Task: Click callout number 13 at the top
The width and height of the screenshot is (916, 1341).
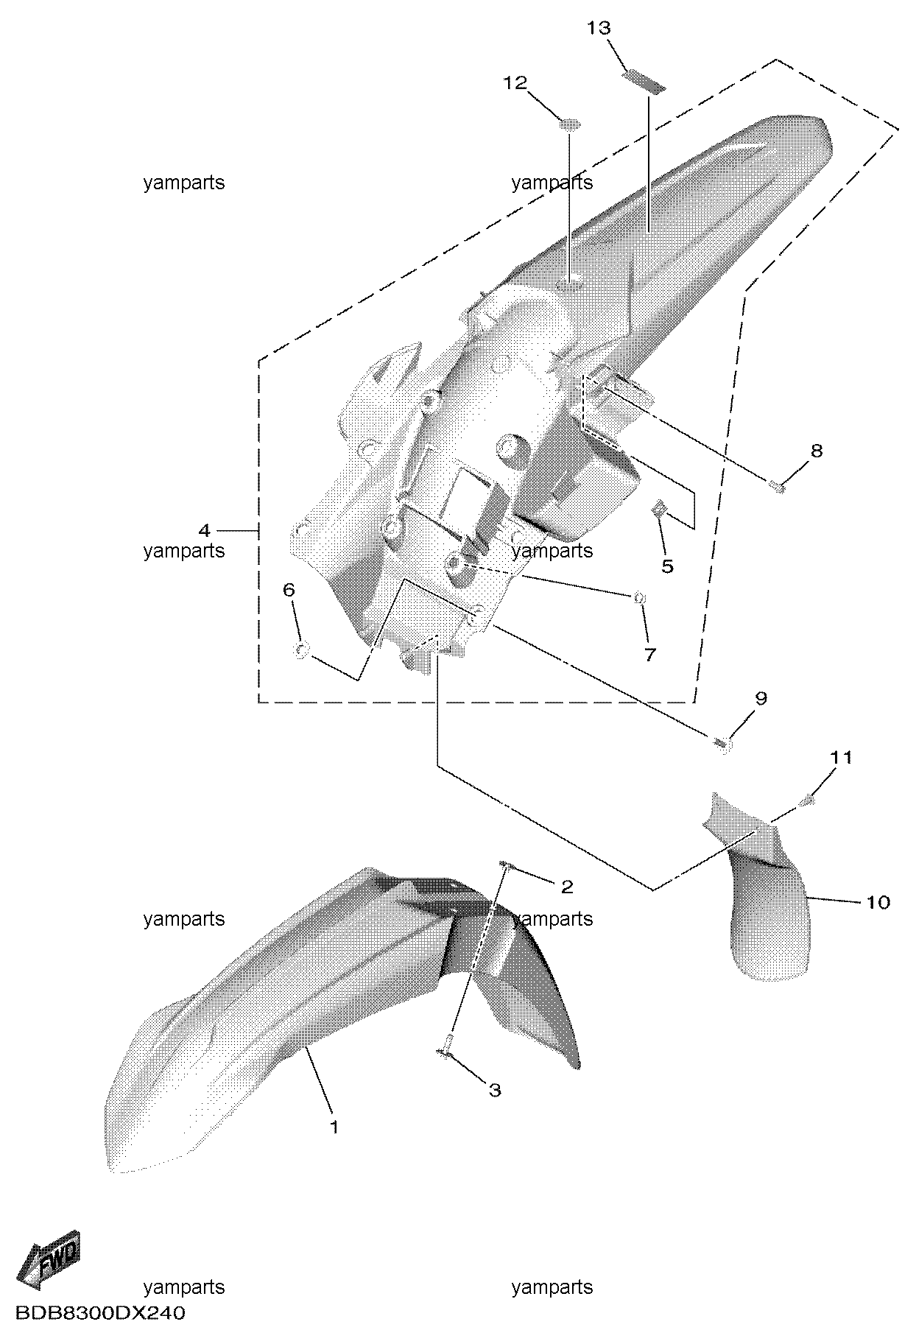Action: [x=599, y=28]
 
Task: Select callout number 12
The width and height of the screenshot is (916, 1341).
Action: [x=515, y=82]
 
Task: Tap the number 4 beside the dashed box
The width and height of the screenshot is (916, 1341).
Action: [x=204, y=529]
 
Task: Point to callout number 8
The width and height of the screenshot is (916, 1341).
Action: [x=816, y=450]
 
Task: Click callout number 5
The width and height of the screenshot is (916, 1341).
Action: [x=667, y=566]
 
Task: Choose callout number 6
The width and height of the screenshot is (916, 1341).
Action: [x=289, y=589]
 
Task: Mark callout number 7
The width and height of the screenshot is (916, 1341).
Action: [x=649, y=654]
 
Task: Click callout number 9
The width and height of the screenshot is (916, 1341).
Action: [x=761, y=697]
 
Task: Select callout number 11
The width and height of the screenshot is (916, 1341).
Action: [x=842, y=757]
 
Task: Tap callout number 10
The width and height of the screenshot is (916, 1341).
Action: [x=878, y=901]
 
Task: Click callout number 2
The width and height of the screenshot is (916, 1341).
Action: [x=567, y=887]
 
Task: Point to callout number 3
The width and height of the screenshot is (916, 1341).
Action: [x=495, y=1089]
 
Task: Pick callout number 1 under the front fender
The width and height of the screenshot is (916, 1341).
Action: [x=334, y=1127]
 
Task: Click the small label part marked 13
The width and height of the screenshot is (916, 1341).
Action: [x=644, y=80]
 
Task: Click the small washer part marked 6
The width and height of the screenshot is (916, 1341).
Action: [x=301, y=651]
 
